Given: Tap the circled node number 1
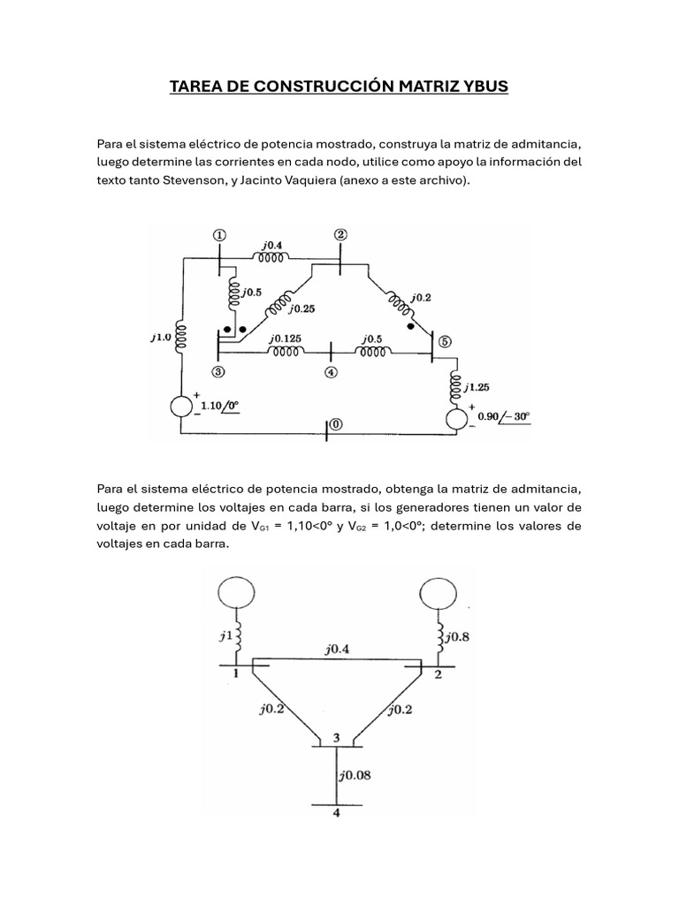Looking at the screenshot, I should click(219, 235).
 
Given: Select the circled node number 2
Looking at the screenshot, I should click(340, 234).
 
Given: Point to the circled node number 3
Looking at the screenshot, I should click(217, 371).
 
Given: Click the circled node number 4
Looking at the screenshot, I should click(331, 372).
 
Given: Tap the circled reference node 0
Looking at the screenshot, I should click(337, 425).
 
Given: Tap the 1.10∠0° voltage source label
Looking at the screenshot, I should click(220, 406).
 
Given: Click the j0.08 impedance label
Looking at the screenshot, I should click(355, 777).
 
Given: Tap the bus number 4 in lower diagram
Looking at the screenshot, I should click(335, 813).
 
